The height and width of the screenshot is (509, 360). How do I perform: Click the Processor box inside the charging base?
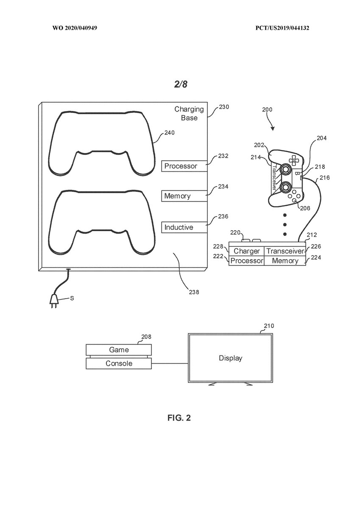[184, 166]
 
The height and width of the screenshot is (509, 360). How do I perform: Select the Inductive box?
[184, 227]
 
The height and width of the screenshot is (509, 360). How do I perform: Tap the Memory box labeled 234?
[184, 196]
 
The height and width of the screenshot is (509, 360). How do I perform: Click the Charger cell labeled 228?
[246, 251]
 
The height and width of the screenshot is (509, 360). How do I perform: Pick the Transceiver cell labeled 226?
[285, 251]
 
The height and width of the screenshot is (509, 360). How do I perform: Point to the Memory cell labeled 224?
[285, 260]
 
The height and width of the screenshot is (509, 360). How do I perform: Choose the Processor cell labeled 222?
[246, 260]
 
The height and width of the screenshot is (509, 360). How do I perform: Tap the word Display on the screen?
[230, 358]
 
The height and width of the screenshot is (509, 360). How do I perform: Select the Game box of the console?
[119, 350]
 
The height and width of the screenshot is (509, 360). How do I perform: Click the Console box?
[119, 364]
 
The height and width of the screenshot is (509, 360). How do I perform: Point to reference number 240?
[170, 132]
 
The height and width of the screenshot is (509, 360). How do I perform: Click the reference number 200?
[267, 109]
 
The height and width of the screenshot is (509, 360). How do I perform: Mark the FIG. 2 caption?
[179, 418]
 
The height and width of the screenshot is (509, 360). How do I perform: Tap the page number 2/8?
[181, 84]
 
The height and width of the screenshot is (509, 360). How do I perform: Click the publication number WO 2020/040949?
[75, 28]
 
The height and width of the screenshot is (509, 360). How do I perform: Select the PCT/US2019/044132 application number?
[282, 28]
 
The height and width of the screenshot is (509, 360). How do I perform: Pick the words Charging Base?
[189, 113]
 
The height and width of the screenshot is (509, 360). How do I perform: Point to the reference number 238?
[194, 292]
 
